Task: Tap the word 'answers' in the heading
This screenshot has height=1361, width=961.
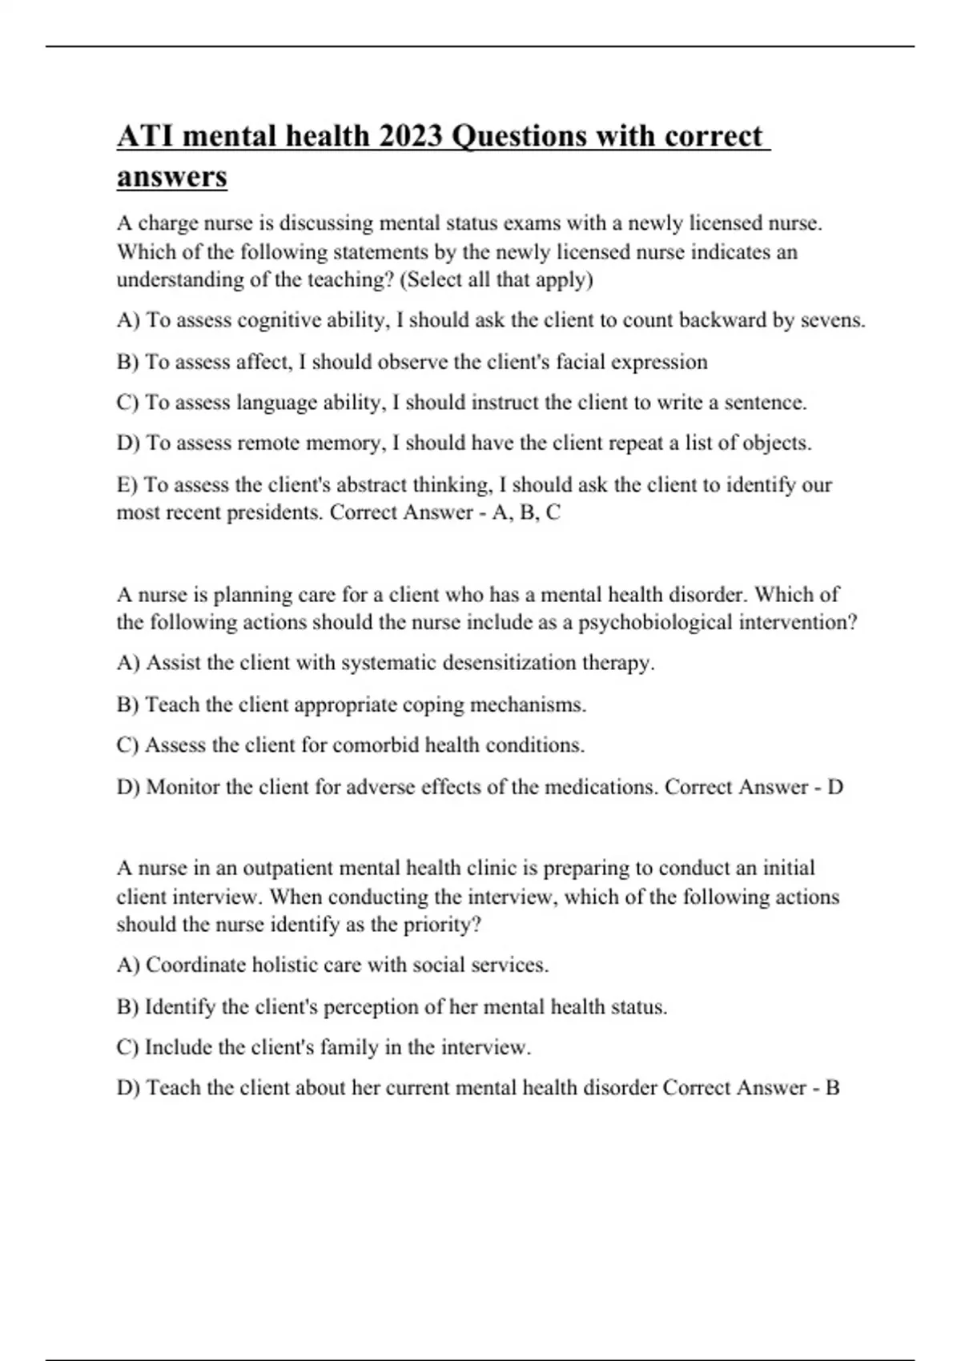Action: (172, 176)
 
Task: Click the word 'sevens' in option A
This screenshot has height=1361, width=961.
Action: (832, 320)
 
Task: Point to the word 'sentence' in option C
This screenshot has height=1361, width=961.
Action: (764, 402)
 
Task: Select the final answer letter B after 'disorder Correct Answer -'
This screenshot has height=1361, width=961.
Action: (832, 1087)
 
